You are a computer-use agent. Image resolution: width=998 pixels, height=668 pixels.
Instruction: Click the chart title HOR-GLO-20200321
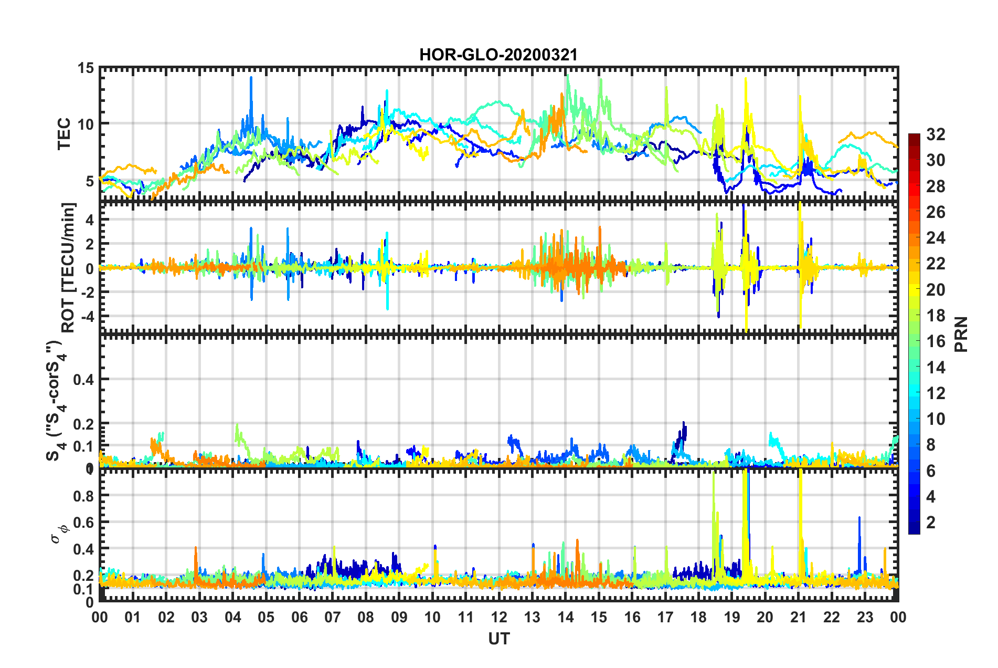coord(498,55)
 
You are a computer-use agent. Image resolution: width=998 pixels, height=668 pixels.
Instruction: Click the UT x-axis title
coord(498,639)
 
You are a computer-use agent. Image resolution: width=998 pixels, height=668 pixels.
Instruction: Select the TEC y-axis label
coord(64,134)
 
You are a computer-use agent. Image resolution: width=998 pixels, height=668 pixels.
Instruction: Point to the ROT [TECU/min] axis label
coord(68,267)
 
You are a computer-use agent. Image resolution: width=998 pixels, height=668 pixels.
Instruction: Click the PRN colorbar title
coord(961,334)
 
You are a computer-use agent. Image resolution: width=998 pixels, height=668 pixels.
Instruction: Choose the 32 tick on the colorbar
coord(935,134)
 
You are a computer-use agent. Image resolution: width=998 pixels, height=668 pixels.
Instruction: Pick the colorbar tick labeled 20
coord(935,289)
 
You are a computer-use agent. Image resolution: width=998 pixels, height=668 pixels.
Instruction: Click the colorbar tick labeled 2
coord(931,522)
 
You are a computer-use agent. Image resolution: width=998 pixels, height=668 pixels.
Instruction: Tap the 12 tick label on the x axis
coord(498,617)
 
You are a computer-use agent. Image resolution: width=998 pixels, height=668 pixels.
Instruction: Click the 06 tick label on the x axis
coord(299,617)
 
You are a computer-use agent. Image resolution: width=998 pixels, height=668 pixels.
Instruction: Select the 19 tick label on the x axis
coord(731,617)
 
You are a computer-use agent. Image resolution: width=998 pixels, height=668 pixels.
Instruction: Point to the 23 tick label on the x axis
coord(865,617)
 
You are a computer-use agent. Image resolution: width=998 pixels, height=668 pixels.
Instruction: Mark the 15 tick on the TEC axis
coord(86,68)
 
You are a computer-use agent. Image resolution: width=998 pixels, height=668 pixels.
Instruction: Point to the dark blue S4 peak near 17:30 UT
coord(683,423)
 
